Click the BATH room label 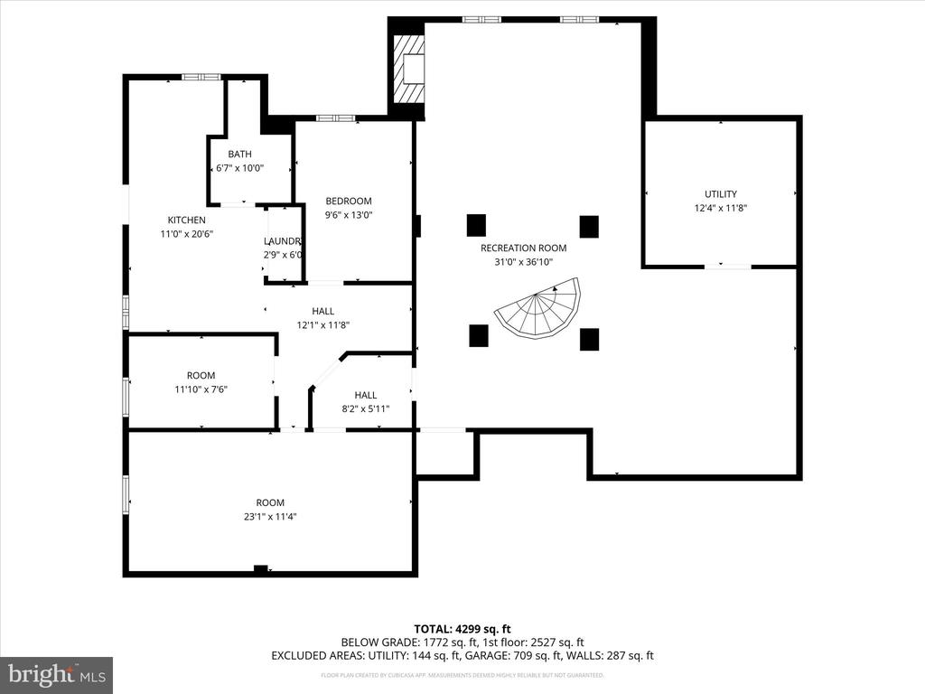[x=239, y=154]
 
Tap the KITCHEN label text [x=186, y=220]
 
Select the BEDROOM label [x=349, y=201]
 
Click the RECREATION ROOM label [x=523, y=248]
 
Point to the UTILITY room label [x=720, y=193]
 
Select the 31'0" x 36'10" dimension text [x=523, y=262]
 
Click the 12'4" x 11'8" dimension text [x=720, y=208]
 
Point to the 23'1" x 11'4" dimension [x=270, y=517]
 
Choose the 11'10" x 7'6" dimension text [x=201, y=389]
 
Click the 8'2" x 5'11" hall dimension [x=365, y=408]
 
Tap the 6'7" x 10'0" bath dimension [x=239, y=167]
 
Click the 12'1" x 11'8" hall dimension [x=322, y=325]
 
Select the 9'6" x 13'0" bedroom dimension [x=349, y=215]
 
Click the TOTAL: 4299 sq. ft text [x=462, y=628]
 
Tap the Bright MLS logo [x=56, y=674]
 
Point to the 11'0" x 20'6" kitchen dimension [x=186, y=234]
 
